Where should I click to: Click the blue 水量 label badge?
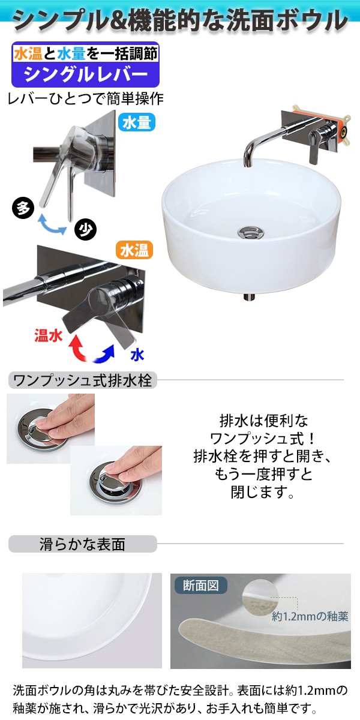tap(137, 122)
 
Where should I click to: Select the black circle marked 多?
tap(23, 208)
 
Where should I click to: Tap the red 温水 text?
tap(49, 336)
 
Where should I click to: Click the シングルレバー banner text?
tap(85, 75)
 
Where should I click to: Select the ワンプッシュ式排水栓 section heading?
tap(83, 380)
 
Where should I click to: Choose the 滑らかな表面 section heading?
tap(83, 544)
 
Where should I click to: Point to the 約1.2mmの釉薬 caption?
tap(310, 616)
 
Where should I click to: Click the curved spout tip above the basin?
tap(247, 160)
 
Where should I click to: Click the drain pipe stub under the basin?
tap(248, 296)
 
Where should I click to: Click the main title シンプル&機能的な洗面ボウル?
tap(180, 20)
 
